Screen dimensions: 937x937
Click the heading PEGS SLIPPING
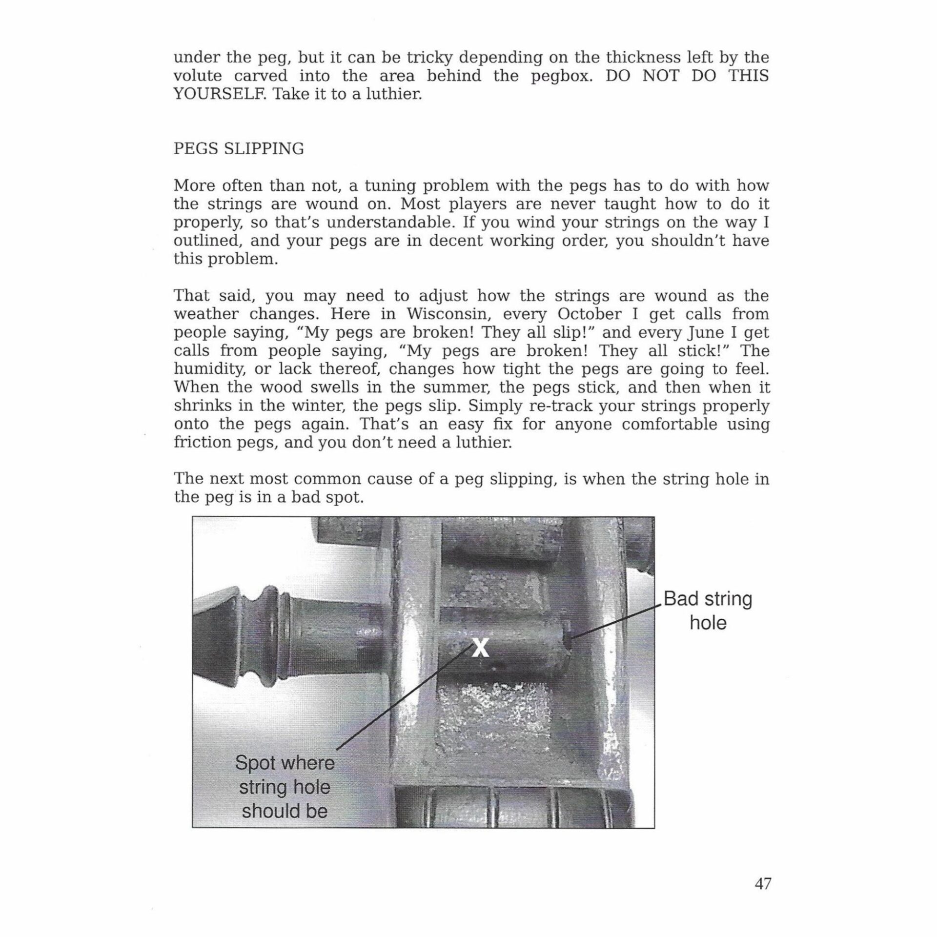pos(239,148)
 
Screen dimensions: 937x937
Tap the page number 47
pos(763,884)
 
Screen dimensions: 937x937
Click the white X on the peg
pos(480,649)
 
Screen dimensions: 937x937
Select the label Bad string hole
pos(708,611)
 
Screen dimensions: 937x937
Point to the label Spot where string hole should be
pos(285,787)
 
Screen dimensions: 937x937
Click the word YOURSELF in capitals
pos(220,94)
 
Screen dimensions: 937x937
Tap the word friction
pos(201,442)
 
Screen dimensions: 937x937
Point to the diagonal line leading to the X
pos(405,703)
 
